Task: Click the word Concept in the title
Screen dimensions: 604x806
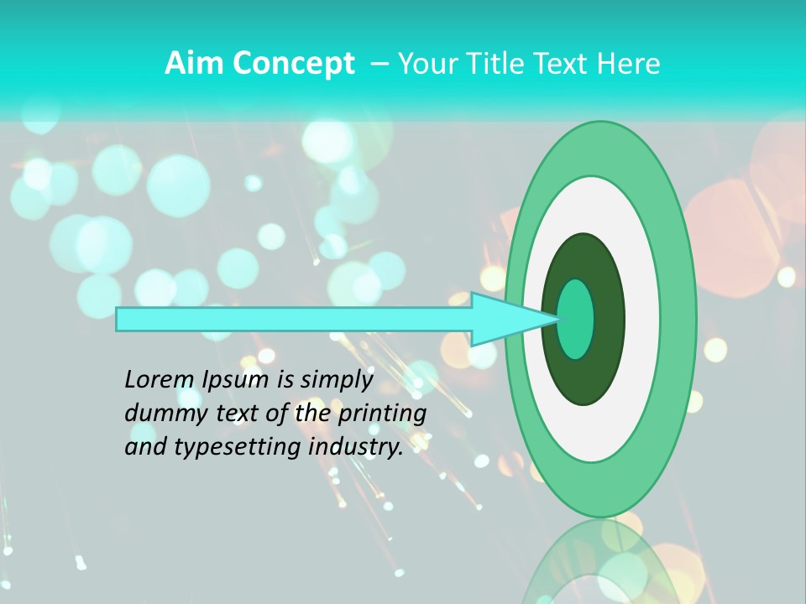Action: [x=293, y=64]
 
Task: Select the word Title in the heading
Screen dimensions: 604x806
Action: [x=489, y=64]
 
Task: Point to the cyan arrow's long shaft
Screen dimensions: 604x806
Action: [x=294, y=319]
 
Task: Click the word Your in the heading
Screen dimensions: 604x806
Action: [x=424, y=64]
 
